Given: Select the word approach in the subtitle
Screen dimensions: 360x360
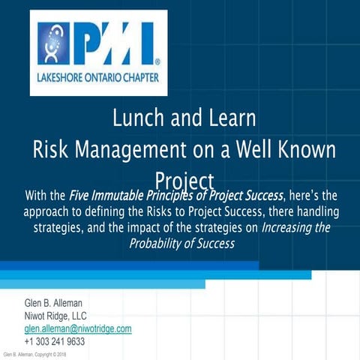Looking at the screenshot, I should coord(50,212).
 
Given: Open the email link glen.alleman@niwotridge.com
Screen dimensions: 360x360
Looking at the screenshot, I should coord(78,328).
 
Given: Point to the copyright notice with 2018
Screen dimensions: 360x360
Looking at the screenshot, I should coord(35,354).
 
